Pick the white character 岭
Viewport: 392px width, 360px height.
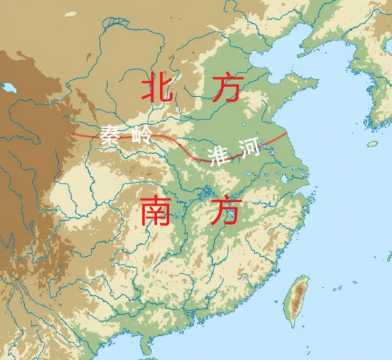point(142,136)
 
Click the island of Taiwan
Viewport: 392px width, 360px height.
point(299,301)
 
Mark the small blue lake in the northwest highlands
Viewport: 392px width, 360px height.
point(8,87)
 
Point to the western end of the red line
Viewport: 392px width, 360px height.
point(73,134)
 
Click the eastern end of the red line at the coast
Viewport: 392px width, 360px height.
point(286,134)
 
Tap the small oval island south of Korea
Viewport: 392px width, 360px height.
point(372,144)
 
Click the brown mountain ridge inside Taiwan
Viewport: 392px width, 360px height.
point(301,297)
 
